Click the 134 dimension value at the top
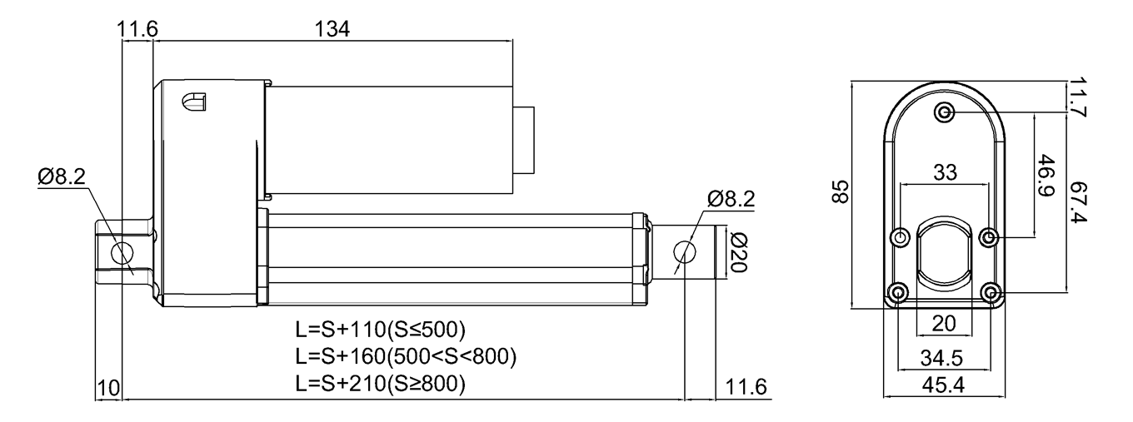click(x=331, y=28)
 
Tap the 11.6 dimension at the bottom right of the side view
click(x=746, y=388)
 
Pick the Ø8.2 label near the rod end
click(x=730, y=201)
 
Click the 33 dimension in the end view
click(x=945, y=172)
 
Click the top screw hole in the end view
click(x=944, y=112)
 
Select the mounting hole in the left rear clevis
click(x=122, y=252)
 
